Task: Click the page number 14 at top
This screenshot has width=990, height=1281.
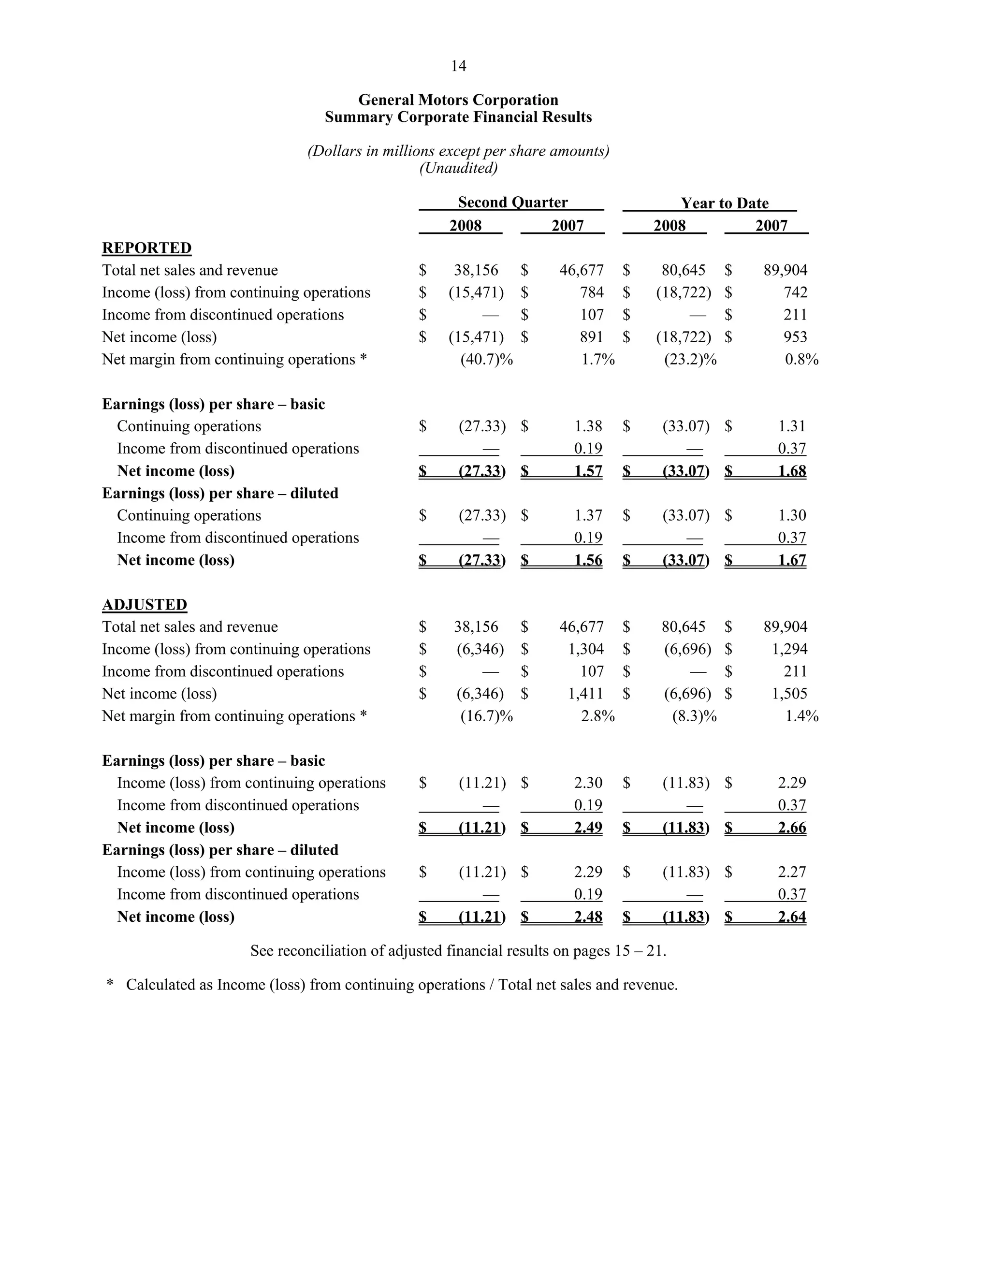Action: pyautogui.click(x=458, y=66)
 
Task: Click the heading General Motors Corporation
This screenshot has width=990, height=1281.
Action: pyautogui.click(x=458, y=100)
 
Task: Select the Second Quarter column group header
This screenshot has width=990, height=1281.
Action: pyautogui.click(x=512, y=203)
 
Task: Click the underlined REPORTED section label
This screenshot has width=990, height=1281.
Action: pyautogui.click(x=146, y=248)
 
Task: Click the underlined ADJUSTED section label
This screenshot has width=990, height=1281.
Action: pyautogui.click(x=144, y=605)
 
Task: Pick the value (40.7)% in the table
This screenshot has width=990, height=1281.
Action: pyautogui.click(x=486, y=360)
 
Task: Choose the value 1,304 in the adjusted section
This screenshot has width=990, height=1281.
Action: pyautogui.click(x=585, y=649)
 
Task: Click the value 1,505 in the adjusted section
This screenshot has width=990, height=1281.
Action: pyautogui.click(x=789, y=694)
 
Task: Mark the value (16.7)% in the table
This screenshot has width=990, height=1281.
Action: pyautogui.click(x=486, y=716)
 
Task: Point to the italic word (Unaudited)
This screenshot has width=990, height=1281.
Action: pyautogui.click(x=458, y=168)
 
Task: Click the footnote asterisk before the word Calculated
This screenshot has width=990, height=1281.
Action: pyautogui.click(x=110, y=985)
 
